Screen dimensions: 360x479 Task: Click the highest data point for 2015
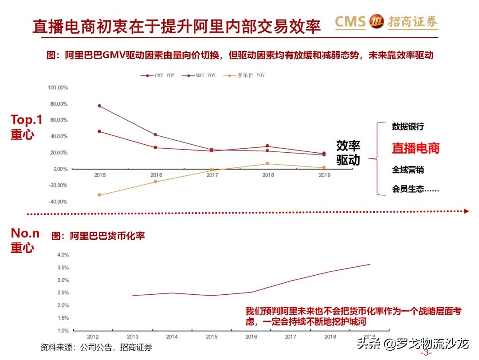coord(99,106)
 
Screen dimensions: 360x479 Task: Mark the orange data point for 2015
coord(99,195)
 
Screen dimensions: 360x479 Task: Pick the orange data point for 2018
coord(267,163)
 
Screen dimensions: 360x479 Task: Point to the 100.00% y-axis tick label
coord(58,88)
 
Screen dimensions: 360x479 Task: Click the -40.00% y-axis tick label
coord(58,202)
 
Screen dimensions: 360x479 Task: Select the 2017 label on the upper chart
coord(212,175)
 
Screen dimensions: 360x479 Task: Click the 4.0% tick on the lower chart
coord(63,255)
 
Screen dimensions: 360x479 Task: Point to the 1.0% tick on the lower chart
coord(63,331)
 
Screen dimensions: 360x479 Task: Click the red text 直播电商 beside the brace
coord(416,148)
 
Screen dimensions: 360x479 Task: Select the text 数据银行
coord(408,127)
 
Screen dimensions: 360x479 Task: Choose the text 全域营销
coord(408,170)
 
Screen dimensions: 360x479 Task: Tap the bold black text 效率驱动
coord(348,152)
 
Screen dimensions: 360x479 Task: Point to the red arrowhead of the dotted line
coord(466,211)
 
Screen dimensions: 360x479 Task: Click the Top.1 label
coord(27,119)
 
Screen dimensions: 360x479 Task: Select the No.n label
coord(25,233)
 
